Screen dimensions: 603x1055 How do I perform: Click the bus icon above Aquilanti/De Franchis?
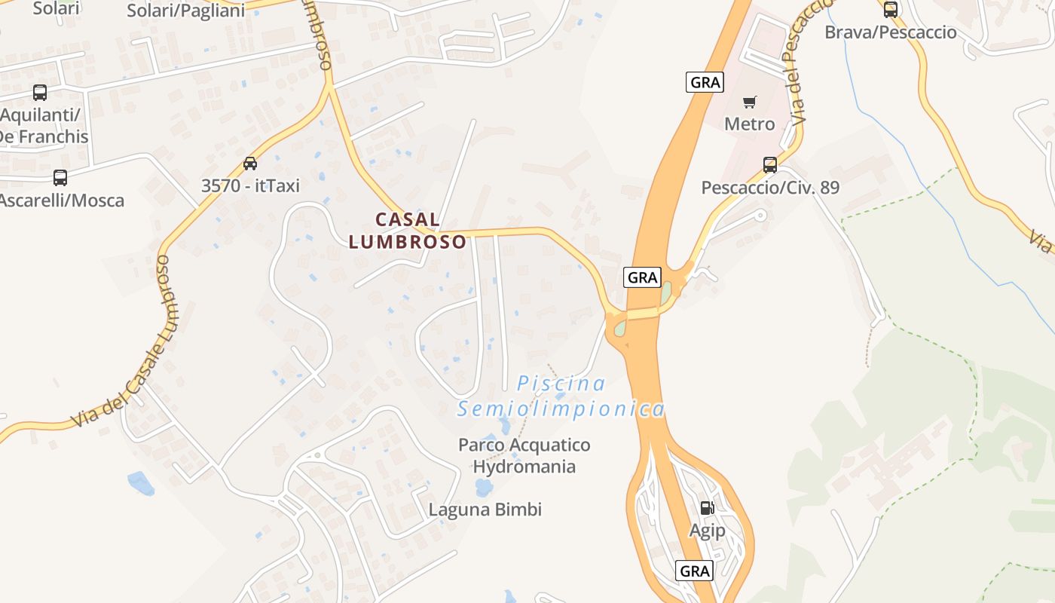point(40,93)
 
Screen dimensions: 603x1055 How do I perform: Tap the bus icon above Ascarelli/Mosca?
point(60,178)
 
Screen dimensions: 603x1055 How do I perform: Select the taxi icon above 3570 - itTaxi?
point(250,164)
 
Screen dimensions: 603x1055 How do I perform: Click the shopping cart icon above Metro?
point(750,102)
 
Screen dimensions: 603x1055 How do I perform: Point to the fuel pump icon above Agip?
point(707,508)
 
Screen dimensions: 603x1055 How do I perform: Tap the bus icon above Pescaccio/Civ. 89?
point(770,165)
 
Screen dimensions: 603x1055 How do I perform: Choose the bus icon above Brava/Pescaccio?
point(891,10)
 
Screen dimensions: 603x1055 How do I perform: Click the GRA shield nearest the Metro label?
point(705,82)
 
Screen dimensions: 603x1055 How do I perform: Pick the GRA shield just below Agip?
point(694,571)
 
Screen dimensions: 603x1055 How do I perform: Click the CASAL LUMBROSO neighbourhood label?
point(408,231)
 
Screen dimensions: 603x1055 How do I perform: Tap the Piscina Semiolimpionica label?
point(561,396)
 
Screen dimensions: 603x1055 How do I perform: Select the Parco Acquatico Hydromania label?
point(524,455)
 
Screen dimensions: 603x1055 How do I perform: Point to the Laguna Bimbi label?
point(485,510)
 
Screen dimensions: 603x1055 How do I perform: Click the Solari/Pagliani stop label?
point(185,11)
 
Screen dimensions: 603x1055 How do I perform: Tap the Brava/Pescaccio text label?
point(891,32)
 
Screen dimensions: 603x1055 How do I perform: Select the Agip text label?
point(708,531)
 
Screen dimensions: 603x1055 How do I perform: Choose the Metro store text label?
point(750,124)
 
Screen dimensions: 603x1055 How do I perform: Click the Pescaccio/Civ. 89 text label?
point(770,188)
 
